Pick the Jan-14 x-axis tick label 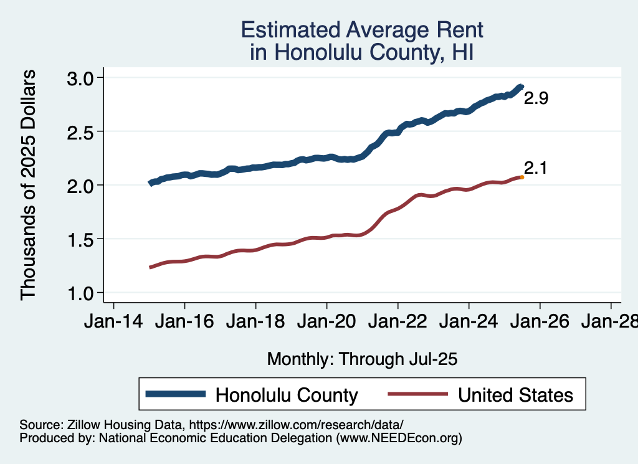pos(113,323)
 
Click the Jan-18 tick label pos(255,323)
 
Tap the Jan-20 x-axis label pos(326,323)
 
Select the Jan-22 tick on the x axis pos(398,323)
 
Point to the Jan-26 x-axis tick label pos(540,323)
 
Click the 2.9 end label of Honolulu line pos(536,98)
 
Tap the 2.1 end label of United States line pos(536,168)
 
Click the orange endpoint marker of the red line pos(522,178)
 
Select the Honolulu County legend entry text pos(287,395)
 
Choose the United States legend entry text pos(515,395)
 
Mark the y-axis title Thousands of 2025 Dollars pos(29,185)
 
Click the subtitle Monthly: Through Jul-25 pos(362,359)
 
